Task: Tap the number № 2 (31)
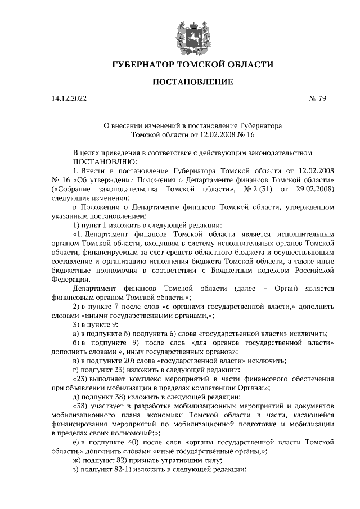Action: (x=259, y=188)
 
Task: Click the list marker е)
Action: (x=77, y=442)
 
